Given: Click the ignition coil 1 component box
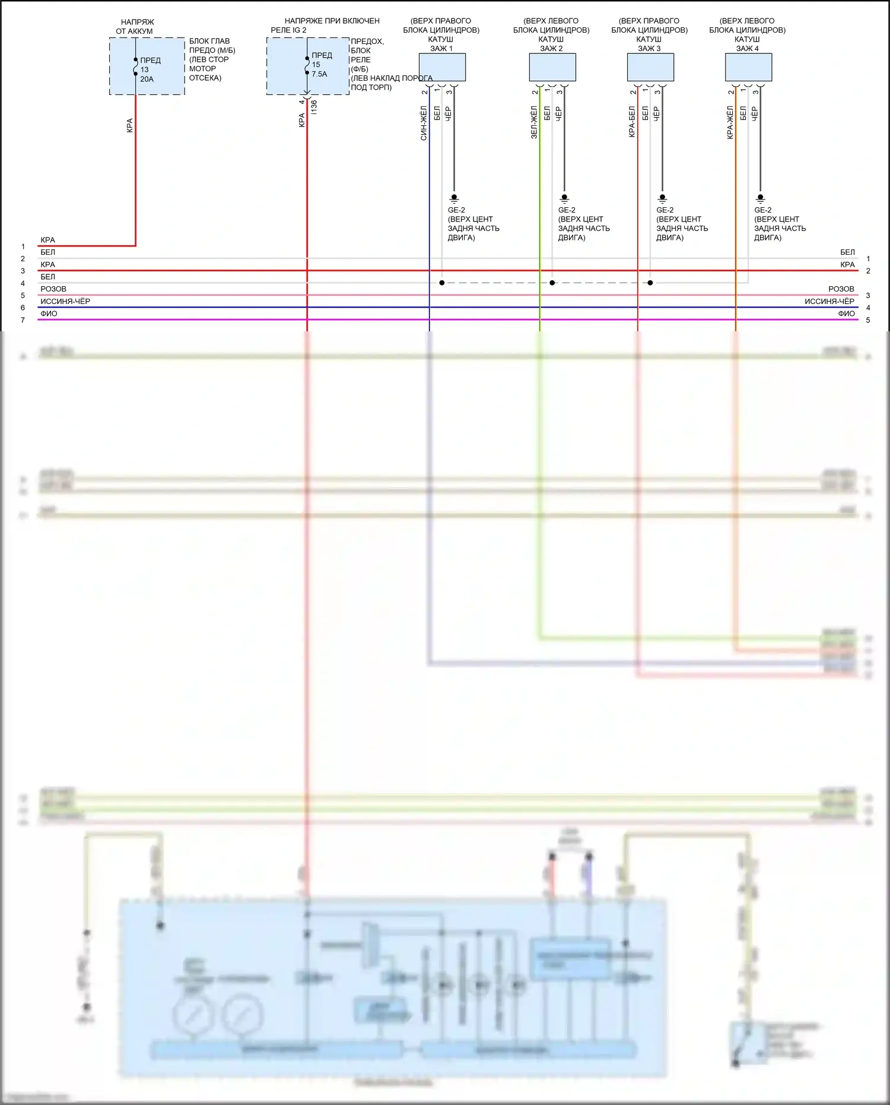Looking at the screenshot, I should coord(442,67).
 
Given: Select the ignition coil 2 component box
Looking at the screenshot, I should coord(552,67).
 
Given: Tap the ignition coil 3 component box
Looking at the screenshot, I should coord(650,67).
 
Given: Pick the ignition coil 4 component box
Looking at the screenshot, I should coord(748,67).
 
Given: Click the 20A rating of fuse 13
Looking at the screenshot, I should coord(147,79).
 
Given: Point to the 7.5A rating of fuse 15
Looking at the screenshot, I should coord(319,74).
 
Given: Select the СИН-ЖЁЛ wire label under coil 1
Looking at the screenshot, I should coord(424,123).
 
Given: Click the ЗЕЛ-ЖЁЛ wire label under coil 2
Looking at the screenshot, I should coord(534,122).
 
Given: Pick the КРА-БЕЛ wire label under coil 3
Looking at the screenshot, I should coord(632,122).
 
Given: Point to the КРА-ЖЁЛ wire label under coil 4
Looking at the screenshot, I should coord(730,122).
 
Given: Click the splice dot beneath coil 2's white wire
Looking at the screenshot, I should coord(552,283).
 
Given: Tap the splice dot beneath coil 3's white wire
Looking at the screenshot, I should coord(650,283).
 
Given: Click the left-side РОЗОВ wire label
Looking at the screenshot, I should coord(53,289).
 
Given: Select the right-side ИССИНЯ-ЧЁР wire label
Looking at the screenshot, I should coord(829,302).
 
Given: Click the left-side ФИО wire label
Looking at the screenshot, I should coord(49,314).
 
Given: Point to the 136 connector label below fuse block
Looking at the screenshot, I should coord(314,107).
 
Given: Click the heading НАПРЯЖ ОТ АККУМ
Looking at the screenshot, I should coord(135,27).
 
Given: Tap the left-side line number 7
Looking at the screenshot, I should coord(23,320).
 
